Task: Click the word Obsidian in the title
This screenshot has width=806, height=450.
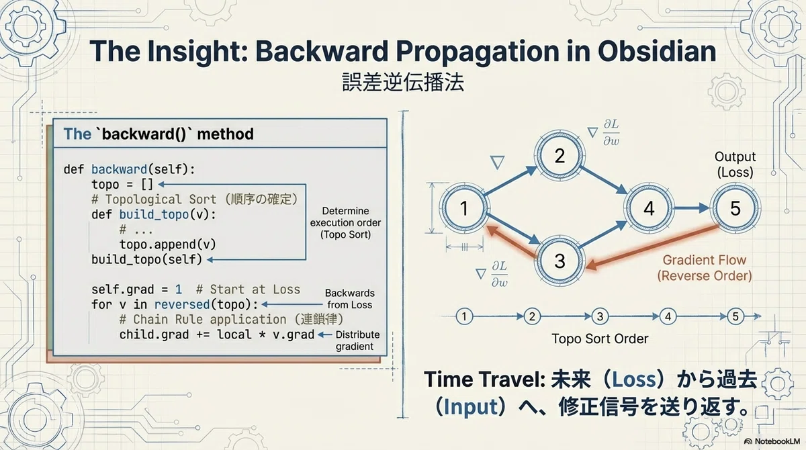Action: click(x=657, y=51)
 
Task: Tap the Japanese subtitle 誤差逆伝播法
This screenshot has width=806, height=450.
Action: click(x=403, y=83)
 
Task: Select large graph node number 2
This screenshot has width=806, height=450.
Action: click(x=559, y=156)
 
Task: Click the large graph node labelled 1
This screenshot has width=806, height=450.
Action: click(x=464, y=208)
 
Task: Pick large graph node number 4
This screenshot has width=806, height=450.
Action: click(x=649, y=208)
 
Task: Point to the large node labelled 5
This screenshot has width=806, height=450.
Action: click(x=735, y=208)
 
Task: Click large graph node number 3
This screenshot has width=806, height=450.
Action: click(x=559, y=261)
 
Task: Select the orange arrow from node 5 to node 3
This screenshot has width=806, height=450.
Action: click(x=652, y=247)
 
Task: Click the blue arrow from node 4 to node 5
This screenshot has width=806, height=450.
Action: click(x=692, y=208)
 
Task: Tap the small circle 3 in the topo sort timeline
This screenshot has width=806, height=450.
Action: click(x=600, y=316)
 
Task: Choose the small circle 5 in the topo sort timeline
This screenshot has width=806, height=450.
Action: click(x=735, y=316)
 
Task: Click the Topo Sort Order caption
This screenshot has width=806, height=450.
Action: click(x=600, y=339)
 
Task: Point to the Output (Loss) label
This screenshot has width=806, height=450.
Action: click(x=735, y=165)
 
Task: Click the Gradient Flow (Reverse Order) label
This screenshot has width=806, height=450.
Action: click(x=705, y=268)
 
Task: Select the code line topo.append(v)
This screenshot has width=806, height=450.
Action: click(x=168, y=244)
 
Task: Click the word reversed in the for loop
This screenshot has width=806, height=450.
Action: click(x=182, y=305)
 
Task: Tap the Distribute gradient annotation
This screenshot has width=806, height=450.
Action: click(x=357, y=341)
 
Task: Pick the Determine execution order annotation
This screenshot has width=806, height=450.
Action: click(x=345, y=223)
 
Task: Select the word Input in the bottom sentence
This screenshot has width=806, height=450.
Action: click(x=471, y=407)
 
